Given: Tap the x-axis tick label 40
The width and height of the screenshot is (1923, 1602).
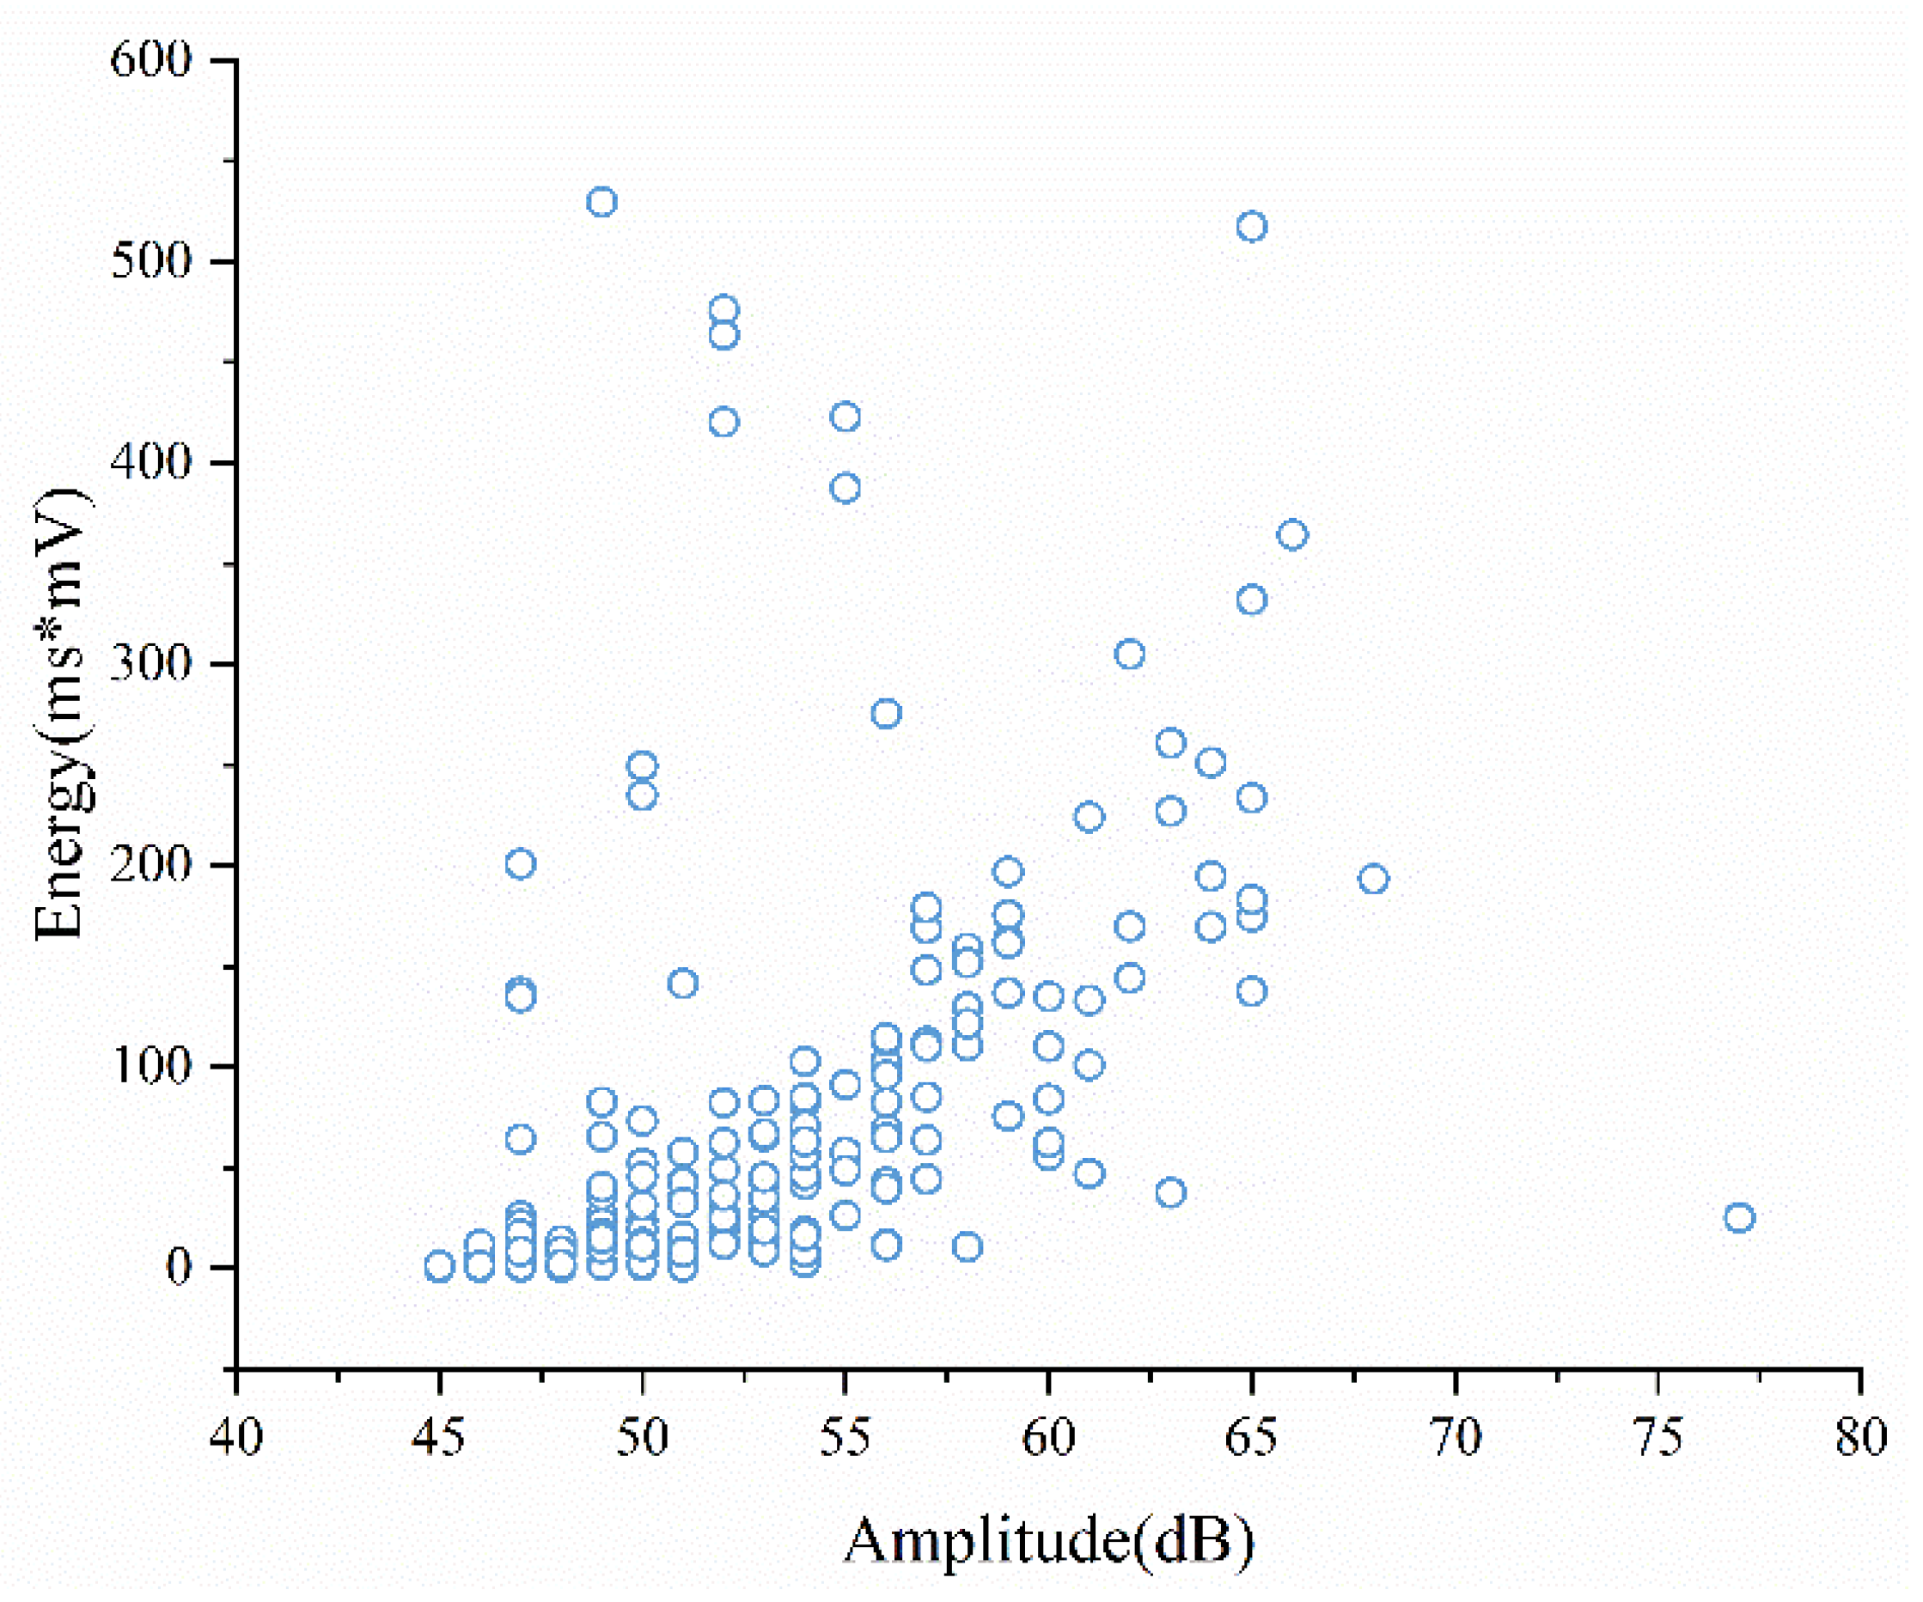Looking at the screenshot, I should pos(236,1437).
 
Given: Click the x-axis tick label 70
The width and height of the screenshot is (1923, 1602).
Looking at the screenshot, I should pos(1456,1437).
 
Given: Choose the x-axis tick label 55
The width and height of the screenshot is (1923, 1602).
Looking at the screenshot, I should pos(846,1437).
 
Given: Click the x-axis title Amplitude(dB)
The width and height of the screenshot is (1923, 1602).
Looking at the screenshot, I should pos(1048,1542).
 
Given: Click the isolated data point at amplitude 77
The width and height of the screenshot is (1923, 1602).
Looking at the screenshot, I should pos(1739,1218).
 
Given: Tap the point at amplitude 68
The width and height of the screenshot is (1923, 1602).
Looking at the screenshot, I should pos(1374,880).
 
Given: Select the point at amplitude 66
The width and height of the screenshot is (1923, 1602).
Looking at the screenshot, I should pos(1292,534).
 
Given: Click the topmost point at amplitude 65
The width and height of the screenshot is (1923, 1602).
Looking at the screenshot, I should pos(1252,226).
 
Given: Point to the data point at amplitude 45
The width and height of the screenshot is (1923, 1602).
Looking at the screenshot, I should pos(440,1267).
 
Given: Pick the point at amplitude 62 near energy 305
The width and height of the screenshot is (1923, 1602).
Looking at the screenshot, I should pos(1130,655).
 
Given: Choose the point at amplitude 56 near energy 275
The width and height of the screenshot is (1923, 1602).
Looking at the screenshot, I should pos(887,714).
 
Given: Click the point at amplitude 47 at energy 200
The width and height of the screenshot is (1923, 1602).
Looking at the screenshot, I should pos(520,864).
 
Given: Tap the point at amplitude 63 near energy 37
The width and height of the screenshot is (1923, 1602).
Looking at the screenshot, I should pos(1170,1193).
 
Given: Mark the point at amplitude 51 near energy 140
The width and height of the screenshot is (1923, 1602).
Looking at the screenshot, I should pos(683,984).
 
